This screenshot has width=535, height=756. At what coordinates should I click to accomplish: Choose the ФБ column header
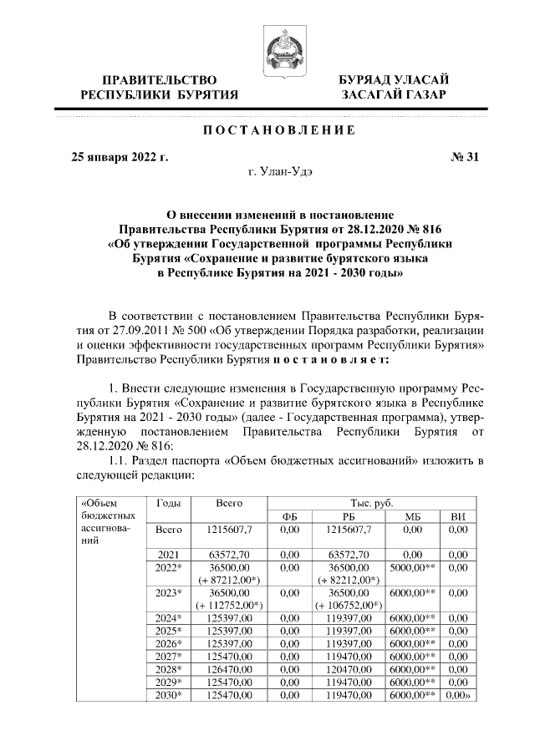pos(289,518)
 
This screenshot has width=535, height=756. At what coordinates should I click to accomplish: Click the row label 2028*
pos(168,669)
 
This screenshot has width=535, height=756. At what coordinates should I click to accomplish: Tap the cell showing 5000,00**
pos(410,567)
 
